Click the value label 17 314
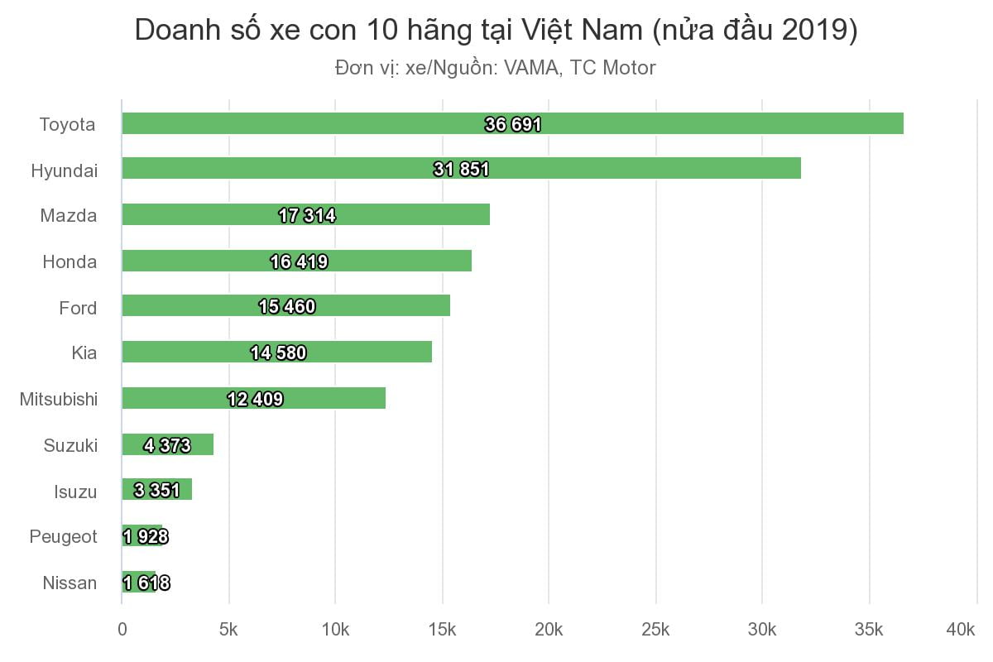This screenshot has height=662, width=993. [x=307, y=216]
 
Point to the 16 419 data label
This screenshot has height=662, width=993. [x=299, y=262]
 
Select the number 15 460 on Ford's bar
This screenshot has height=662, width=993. [x=287, y=307]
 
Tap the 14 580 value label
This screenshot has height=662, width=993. [x=279, y=353]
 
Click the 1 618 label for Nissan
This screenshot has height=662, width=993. [x=146, y=583]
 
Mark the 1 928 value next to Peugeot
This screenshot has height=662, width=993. [x=146, y=537]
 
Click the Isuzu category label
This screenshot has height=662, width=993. [x=75, y=492]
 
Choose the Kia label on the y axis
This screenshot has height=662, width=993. [x=84, y=353]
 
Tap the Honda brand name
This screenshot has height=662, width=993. [x=70, y=262]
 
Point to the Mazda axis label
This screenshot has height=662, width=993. [x=69, y=216]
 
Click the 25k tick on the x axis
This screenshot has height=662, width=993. [x=655, y=631]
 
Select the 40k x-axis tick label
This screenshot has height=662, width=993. [x=960, y=631]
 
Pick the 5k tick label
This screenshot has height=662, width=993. [x=228, y=631]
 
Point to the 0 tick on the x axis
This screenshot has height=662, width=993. [x=122, y=631]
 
